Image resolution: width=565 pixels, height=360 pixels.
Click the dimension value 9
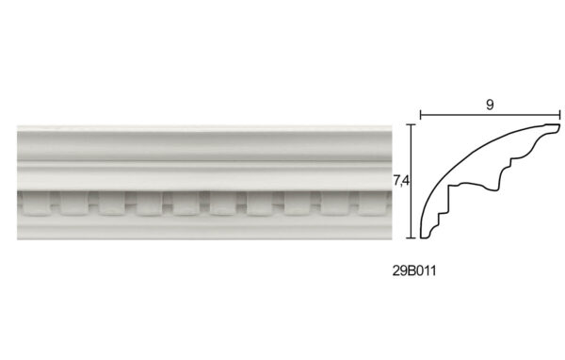[x=490, y=105]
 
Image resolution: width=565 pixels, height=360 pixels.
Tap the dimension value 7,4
[x=401, y=181]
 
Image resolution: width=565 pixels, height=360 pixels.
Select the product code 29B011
[x=414, y=270]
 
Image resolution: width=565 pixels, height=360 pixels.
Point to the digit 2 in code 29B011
[x=396, y=270]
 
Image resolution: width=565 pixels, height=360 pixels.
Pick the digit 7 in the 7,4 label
[x=397, y=180]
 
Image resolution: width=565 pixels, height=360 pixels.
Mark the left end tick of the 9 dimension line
[x=421, y=115]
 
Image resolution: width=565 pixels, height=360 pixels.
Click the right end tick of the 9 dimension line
[x=559, y=115]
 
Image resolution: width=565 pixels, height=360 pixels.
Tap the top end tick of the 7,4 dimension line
[x=412, y=124]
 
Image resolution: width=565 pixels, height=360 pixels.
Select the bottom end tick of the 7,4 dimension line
[x=412, y=238]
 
